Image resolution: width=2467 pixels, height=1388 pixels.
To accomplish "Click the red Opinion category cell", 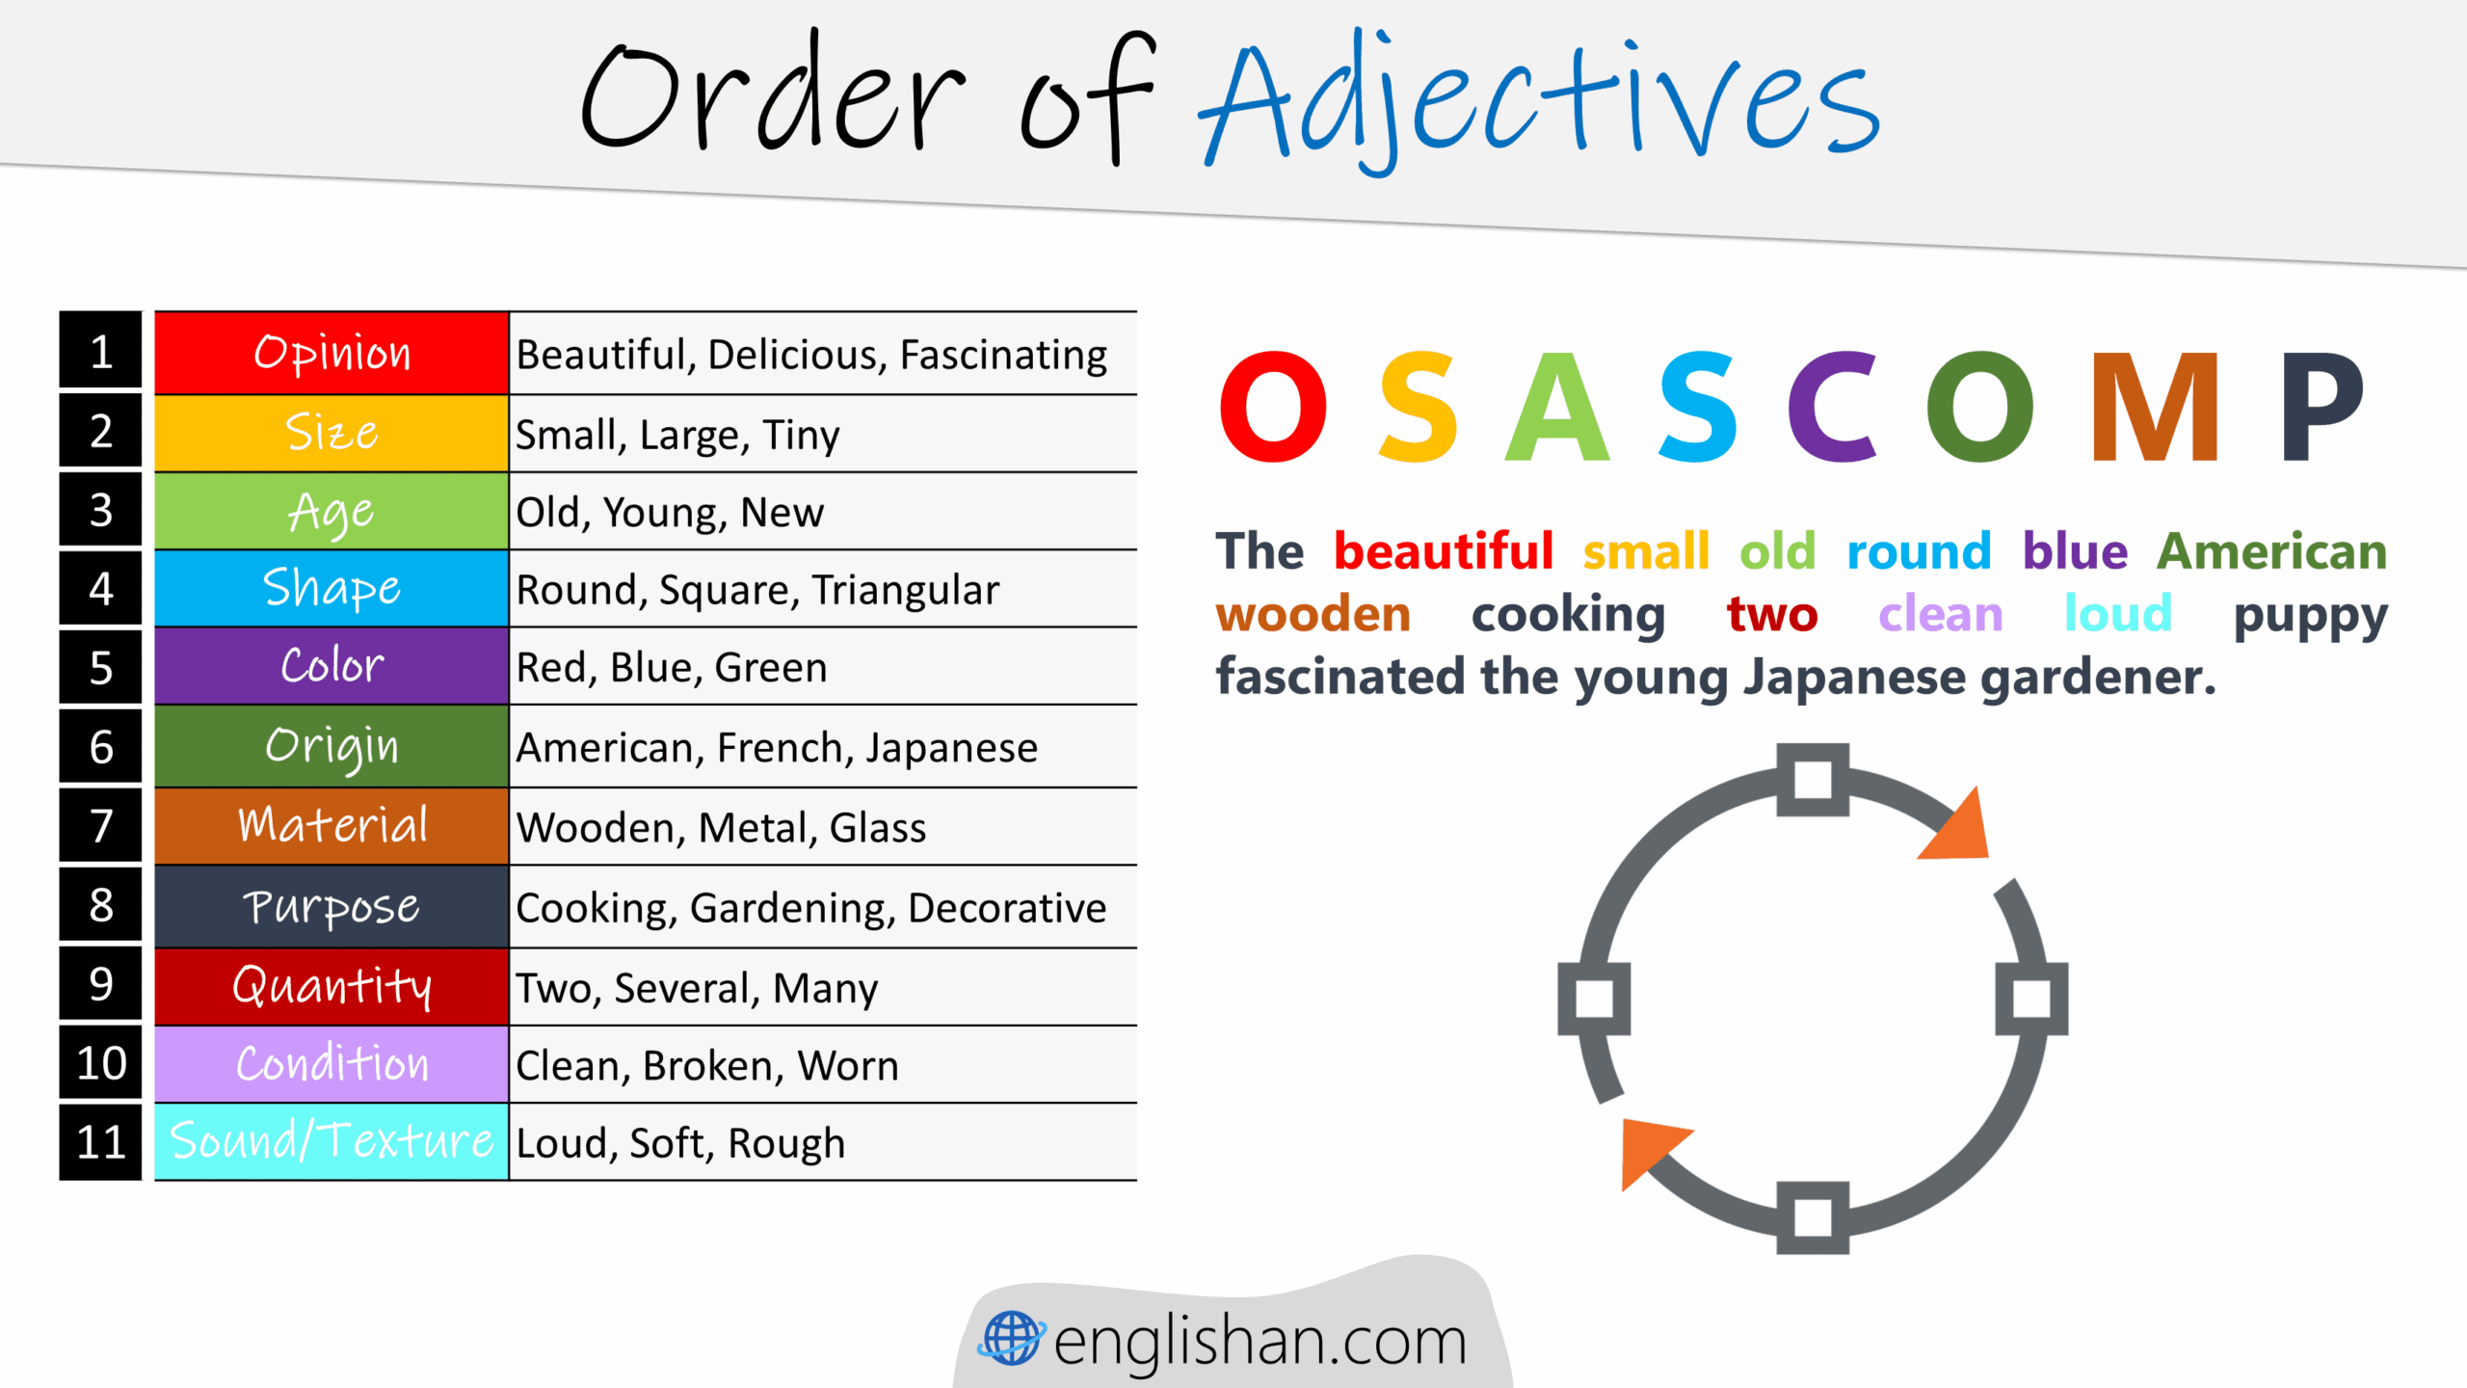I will click(332, 353).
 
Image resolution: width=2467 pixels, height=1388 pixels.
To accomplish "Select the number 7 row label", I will click(100, 826).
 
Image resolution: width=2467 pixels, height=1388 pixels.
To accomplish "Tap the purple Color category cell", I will click(332, 666).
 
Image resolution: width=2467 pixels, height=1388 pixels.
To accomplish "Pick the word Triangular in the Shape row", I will click(905, 590).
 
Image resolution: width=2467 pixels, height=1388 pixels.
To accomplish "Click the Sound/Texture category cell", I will click(332, 1141).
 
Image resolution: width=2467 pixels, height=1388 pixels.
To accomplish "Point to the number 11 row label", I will click(100, 1142).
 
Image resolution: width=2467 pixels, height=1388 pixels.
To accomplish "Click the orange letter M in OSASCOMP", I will click(2155, 407).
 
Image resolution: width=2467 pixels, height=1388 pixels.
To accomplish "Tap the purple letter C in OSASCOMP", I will click(1831, 407).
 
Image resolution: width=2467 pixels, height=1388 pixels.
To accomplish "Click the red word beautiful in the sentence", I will click(1443, 552).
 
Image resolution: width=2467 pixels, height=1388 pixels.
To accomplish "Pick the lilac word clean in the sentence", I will click(1940, 615).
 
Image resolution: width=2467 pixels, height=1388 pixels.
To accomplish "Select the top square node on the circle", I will click(1813, 780).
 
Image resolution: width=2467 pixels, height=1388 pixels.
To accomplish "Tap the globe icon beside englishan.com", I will click(1011, 1339).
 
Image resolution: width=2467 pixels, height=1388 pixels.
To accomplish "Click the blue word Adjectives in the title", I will click(1538, 101).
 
